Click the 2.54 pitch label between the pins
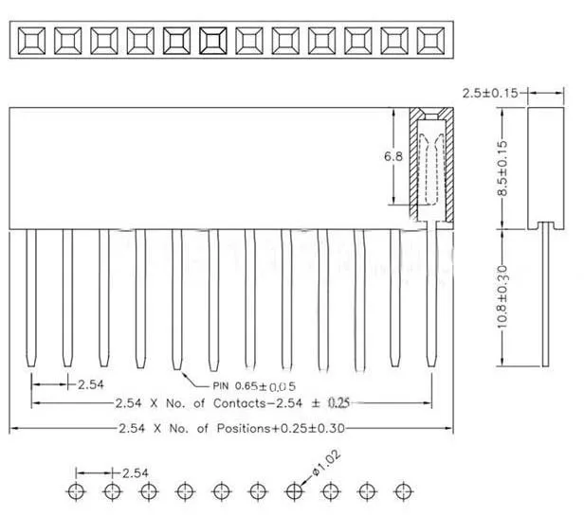point(90,383)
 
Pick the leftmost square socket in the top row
point(30,40)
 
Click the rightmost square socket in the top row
point(430,40)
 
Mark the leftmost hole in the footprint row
point(76,490)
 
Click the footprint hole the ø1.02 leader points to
point(294,490)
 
